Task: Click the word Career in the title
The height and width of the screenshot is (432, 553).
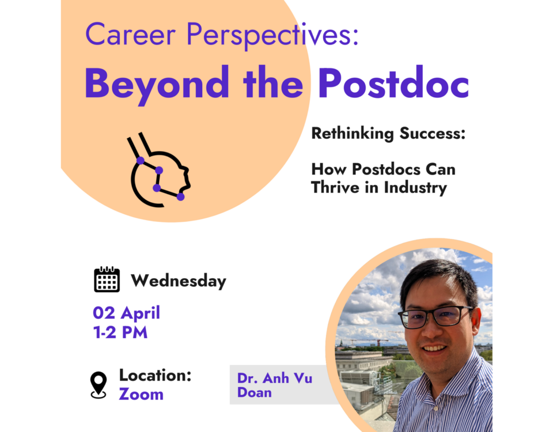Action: pos(130,34)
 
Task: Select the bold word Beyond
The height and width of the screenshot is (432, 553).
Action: pos(157,85)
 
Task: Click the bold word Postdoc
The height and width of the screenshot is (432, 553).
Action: pos(393,82)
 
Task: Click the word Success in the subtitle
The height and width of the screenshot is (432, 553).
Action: pos(433,133)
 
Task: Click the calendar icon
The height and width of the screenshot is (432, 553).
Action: pos(107,279)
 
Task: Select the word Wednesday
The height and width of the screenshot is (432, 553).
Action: pos(179,281)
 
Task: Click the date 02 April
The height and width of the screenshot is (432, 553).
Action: pos(126,313)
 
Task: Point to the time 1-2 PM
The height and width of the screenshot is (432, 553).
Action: pos(120,332)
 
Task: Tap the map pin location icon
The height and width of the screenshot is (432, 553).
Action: pos(99,385)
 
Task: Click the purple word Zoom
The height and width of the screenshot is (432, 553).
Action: pos(141,394)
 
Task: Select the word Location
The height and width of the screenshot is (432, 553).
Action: pos(155,375)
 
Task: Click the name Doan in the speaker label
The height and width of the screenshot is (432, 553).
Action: pos(254,392)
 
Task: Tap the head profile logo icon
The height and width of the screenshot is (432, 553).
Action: pos(159,169)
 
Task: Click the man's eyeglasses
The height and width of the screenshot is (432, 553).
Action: pos(435,317)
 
